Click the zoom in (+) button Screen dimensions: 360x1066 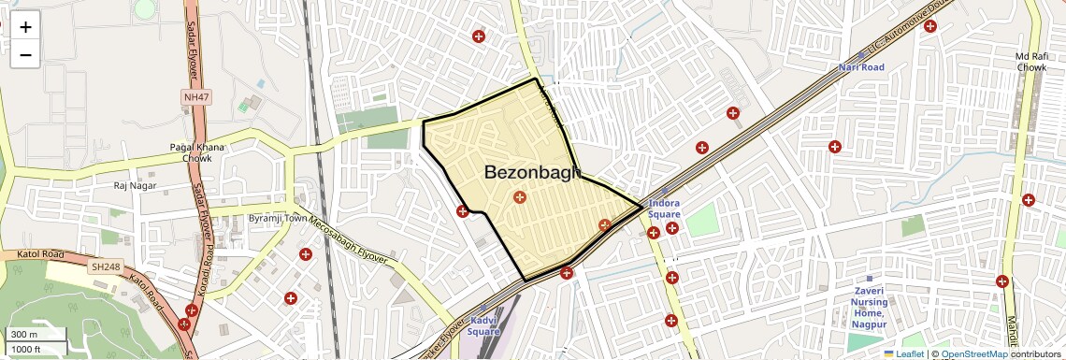25,28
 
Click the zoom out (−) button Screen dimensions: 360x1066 25,54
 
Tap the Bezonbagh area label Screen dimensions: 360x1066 532,173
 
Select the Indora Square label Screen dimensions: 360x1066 664,209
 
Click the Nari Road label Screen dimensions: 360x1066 861,67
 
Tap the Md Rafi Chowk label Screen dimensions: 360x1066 1031,63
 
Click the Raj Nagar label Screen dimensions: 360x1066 133,185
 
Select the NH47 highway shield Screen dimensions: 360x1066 194,96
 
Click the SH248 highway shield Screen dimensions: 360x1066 103,267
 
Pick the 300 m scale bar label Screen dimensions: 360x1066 24,335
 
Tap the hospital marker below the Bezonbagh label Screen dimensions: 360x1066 520,196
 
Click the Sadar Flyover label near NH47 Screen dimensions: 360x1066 195,47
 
